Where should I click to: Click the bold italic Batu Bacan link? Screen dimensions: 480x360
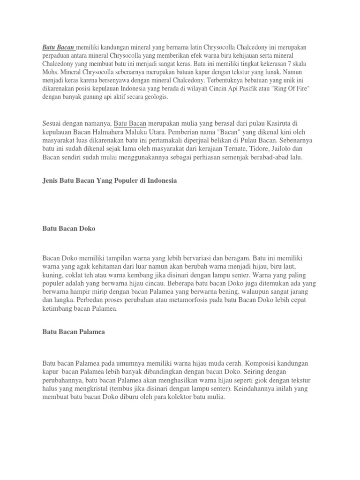tap(58, 47)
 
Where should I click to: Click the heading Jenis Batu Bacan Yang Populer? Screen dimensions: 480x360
tap(110, 180)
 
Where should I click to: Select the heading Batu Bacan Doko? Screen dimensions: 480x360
tap(69, 228)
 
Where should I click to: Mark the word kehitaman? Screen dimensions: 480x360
tap(103, 266)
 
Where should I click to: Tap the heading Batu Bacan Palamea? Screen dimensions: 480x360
tap(74, 332)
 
